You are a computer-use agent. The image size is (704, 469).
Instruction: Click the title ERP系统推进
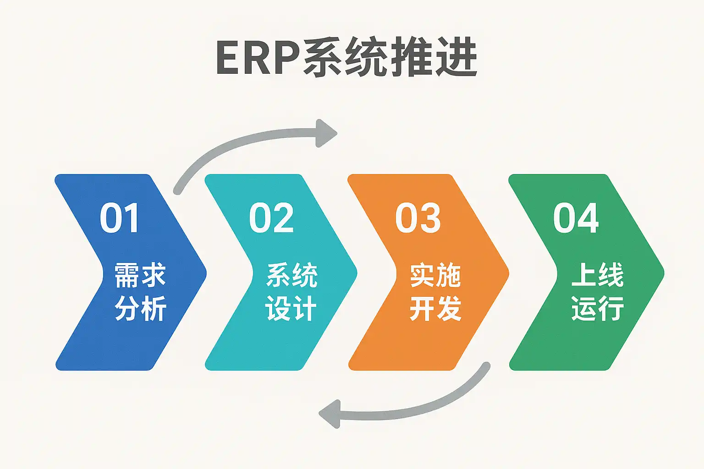click(x=346, y=58)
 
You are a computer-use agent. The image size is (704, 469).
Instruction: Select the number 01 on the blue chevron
click(x=119, y=218)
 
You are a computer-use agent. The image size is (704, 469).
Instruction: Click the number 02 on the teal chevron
click(x=271, y=218)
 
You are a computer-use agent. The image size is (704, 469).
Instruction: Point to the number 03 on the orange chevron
click(x=418, y=218)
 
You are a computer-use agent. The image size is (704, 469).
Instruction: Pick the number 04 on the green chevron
click(x=576, y=218)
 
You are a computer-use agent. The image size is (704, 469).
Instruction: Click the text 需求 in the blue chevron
click(x=140, y=275)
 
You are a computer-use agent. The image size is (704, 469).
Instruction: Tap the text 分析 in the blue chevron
click(x=140, y=308)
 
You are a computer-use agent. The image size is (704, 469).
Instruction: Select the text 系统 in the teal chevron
click(x=291, y=275)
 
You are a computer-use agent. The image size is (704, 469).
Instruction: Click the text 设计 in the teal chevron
click(x=291, y=308)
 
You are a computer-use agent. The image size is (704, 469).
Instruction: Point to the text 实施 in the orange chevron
click(x=435, y=275)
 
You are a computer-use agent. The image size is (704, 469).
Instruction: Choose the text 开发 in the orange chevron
click(x=435, y=308)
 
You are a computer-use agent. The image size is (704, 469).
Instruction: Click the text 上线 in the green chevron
click(x=597, y=275)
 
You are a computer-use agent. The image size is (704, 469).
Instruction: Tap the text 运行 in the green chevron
click(x=597, y=308)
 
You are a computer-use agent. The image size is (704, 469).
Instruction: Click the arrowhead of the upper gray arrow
click(x=326, y=133)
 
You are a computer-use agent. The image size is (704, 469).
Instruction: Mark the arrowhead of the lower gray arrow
click(x=329, y=414)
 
